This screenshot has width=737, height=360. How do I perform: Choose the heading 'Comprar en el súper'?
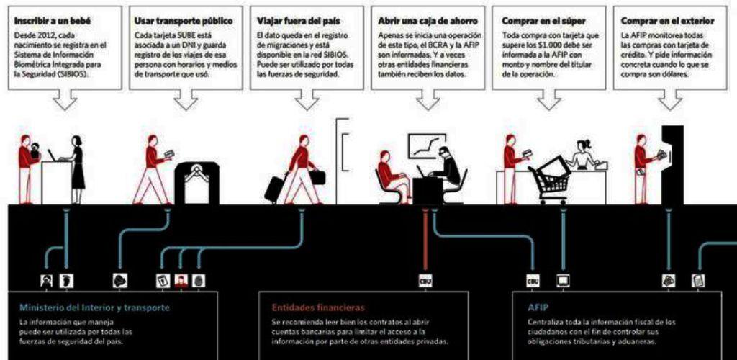543,22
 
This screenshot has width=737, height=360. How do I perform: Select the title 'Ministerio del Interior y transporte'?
94,307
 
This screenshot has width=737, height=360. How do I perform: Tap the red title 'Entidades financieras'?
318,307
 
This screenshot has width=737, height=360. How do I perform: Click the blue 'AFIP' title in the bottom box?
538,307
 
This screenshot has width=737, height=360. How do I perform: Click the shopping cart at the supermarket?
551,180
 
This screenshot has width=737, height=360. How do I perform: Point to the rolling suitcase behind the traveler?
274,189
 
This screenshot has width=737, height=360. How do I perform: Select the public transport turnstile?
196,182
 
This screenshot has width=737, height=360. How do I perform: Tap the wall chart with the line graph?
427,146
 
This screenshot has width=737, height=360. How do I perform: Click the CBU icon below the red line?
425,281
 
